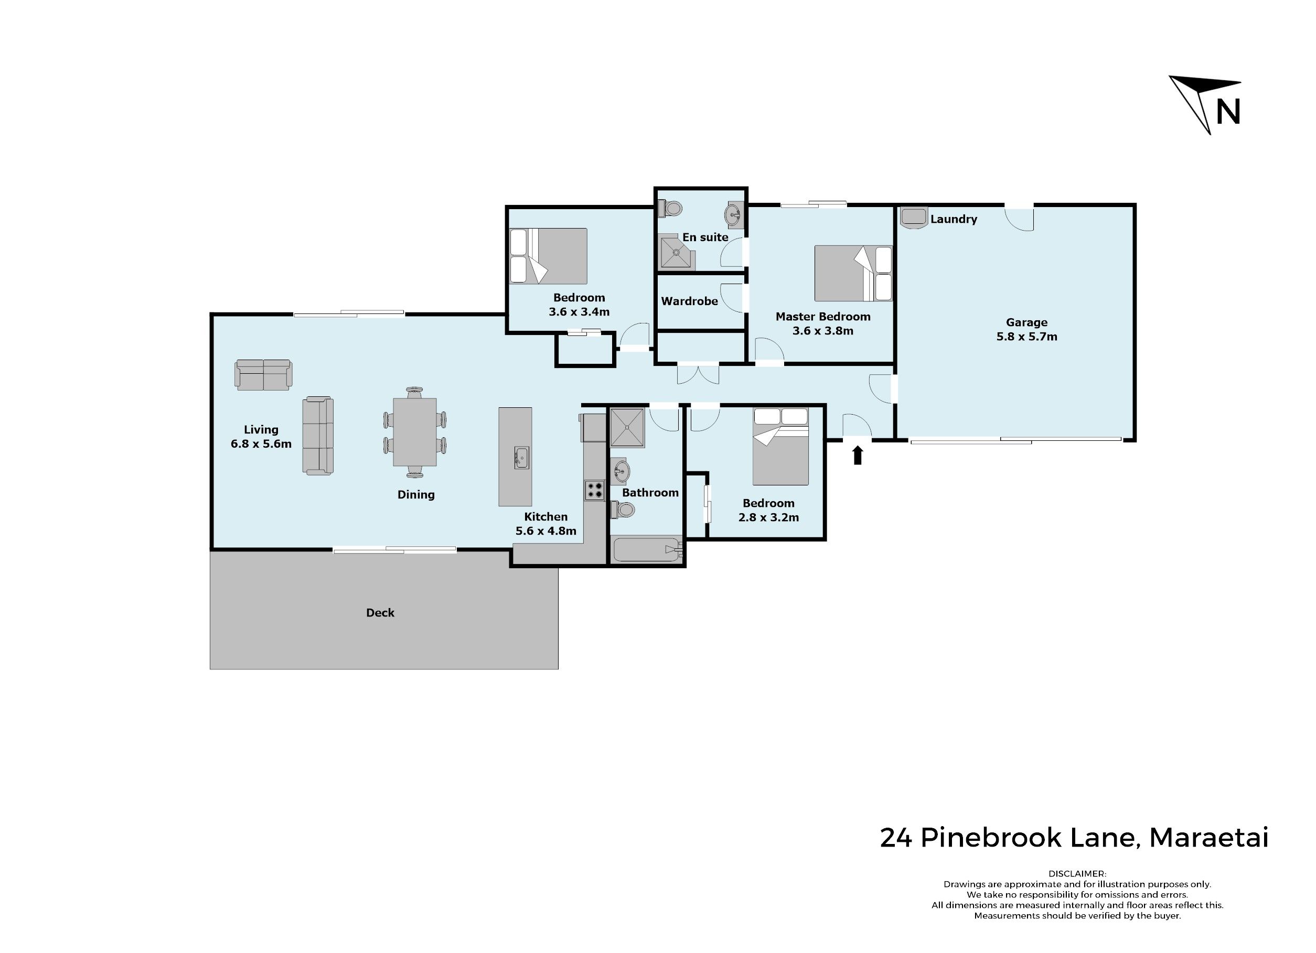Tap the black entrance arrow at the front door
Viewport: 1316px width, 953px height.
click(857, 456)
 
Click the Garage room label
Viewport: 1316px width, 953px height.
click(1026, 322)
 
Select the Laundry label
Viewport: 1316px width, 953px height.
click(954, 219)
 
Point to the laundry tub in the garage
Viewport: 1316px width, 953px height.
click(914, 218)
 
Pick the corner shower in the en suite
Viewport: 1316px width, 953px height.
click(677, 252)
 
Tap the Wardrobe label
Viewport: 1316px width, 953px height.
click(689, 301)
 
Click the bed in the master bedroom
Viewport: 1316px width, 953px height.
click(853, 273)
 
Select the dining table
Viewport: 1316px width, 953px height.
click(415, 432)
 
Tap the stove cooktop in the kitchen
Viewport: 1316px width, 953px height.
click(594, 490)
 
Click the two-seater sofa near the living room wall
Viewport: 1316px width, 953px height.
click(263, 375)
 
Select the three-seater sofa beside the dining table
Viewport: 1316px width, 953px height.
click(318, 436)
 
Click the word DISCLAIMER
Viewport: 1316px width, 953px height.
click(1077, 873)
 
